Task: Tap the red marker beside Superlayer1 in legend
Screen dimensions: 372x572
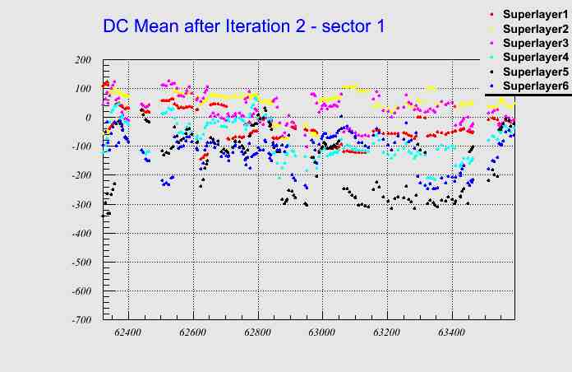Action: [491, 15]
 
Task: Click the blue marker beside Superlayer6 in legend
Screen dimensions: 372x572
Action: [491, 86]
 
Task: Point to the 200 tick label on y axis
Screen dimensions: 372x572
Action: [82, 60]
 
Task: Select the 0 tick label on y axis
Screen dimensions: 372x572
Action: [87, 118]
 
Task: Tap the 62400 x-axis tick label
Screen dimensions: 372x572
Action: [128, 332]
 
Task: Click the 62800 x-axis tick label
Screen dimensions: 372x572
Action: [257, 332]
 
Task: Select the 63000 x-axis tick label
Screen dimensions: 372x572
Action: [321, 332]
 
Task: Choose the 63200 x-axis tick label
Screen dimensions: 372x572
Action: [386, 332]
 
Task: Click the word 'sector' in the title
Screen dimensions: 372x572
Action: [344, 26]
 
